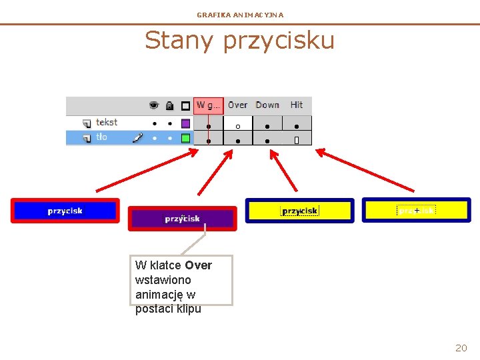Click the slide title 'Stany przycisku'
239,41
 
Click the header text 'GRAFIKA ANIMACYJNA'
240,15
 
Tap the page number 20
461,347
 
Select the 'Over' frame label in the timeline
237,105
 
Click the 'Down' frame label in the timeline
267,105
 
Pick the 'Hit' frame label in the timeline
297,105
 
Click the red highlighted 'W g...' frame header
209,105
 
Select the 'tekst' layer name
107,123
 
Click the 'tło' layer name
101,137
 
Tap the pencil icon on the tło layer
137,137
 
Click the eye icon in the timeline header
154,105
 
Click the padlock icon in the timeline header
169,105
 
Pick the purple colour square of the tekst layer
186,123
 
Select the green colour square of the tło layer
186,138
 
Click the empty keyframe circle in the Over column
237,125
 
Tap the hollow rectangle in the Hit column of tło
297,140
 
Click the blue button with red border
65,211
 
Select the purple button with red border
182,219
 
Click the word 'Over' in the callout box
199,265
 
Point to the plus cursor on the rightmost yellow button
417,210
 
